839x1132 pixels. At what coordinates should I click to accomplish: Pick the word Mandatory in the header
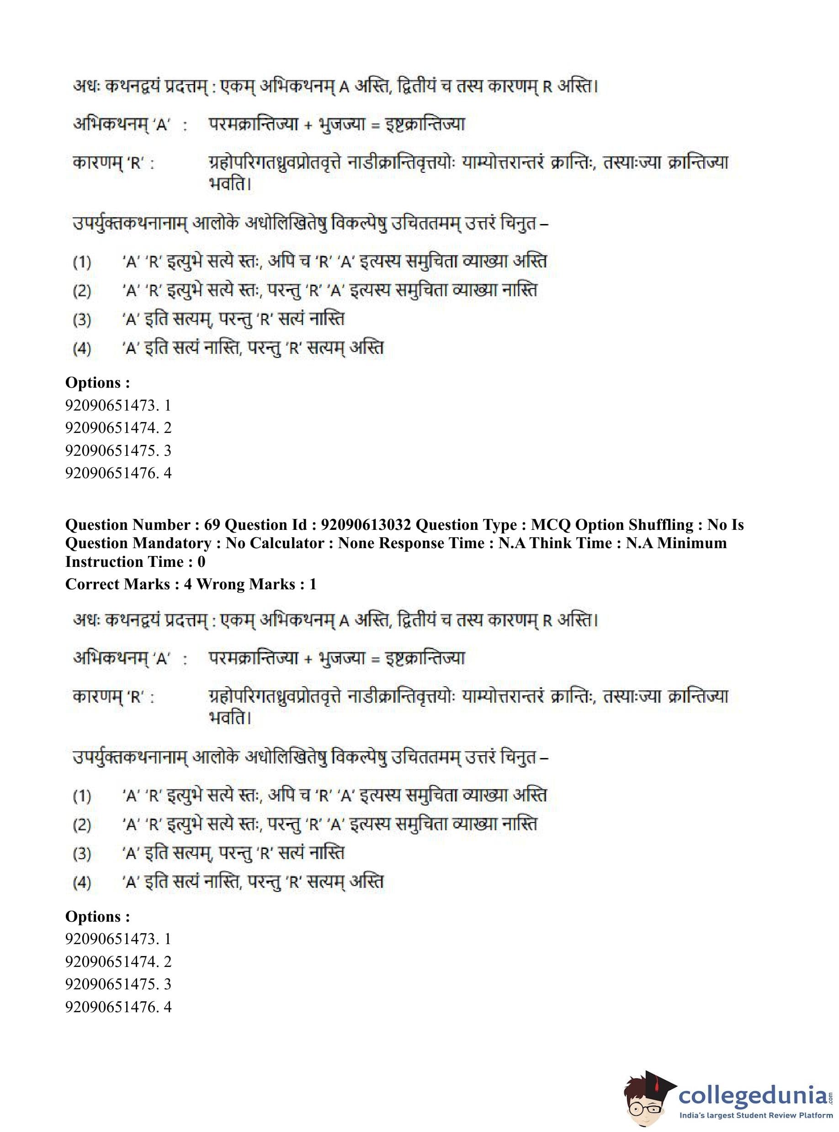pos(173,543)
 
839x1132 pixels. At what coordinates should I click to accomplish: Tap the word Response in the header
pos(411,543)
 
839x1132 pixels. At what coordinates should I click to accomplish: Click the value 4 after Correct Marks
pos(188,584)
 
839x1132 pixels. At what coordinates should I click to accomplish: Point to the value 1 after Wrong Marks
pos(313,584)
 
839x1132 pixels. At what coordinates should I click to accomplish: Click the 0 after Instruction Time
pos(202,562)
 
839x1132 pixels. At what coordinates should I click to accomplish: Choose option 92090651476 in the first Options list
pos(118,473)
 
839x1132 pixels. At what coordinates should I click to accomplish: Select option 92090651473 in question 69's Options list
pos(118,939)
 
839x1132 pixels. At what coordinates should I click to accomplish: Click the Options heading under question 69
pos(97,917)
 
